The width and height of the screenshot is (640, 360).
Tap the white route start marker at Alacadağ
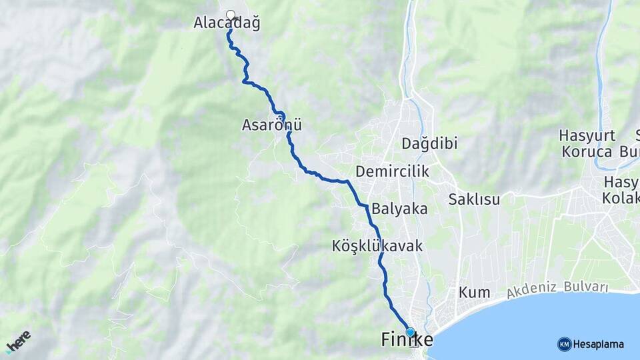point(231,15)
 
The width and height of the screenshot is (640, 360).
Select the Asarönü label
point(272,125)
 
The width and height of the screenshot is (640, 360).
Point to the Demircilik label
point(392,172)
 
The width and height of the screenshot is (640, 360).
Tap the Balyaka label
point(399,209)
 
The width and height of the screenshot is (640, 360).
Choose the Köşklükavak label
point(377,246)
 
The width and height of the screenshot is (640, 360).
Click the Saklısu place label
point(474,199)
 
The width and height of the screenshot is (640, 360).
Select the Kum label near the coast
point(474,293)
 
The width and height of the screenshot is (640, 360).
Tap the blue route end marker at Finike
point(410,332)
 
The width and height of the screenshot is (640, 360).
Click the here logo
point(19,341)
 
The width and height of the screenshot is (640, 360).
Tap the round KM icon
point(564,344)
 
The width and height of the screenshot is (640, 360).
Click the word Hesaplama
point(599,345)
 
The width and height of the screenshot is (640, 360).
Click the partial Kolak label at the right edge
point(621,199)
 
